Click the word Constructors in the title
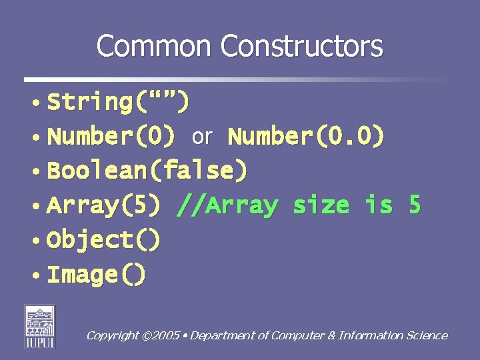point(302,47)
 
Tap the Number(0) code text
point(112,137)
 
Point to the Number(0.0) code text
point(306,137)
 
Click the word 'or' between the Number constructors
point(202,137)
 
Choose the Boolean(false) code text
point(147,171)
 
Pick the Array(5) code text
point(104,205)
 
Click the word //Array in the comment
point(227,205)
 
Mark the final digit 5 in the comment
point(415,205)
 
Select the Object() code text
point(104,240)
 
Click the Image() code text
point(97,274)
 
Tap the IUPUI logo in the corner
point(40,326)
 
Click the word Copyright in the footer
point(112,335)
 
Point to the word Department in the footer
point(224,335)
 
